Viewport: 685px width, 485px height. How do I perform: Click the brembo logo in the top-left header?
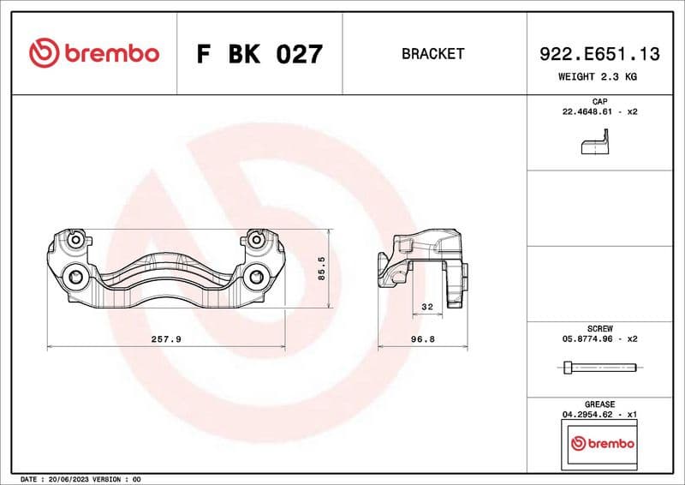(94, 53)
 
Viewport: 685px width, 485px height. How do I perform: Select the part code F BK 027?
(259, 54)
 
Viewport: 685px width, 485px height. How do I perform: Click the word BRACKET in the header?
(432, 54)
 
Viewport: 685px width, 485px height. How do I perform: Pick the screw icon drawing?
(599, 367)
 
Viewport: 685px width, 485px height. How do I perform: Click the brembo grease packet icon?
(603, 444)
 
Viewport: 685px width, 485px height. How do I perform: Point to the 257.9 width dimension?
(165, 339)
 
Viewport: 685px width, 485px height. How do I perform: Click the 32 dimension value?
(427, 307)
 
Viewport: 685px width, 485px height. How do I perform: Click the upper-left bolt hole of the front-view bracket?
(78, 241)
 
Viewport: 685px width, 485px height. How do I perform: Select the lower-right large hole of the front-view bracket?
(257, 277)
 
